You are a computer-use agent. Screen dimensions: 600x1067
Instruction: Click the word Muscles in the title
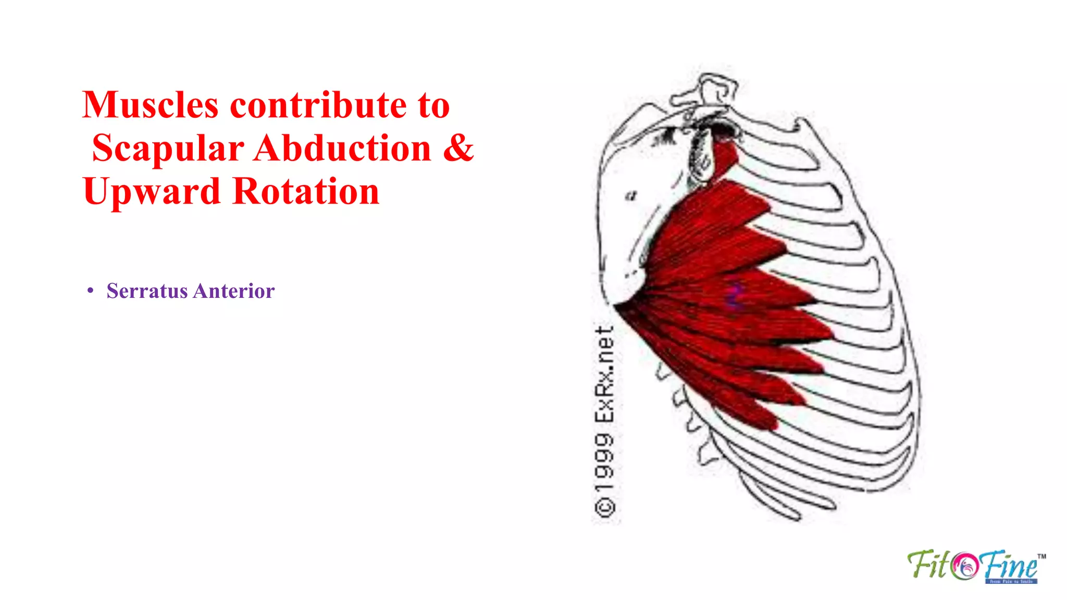150,105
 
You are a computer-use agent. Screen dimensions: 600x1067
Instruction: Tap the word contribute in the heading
318,105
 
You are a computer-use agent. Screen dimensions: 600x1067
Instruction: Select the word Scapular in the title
168,148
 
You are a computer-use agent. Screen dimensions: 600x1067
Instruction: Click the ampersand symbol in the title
458,148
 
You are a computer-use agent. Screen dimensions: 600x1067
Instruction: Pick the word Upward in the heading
152,192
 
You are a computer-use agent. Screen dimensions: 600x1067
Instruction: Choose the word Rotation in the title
306,192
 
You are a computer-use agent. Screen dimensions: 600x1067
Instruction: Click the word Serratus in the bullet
147,291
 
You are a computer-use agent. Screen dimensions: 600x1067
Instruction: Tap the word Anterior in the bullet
234,291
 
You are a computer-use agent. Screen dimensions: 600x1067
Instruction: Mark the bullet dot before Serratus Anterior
91,291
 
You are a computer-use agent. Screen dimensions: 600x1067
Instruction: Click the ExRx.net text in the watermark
605,374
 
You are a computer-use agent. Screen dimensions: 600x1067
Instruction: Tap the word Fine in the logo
1009,565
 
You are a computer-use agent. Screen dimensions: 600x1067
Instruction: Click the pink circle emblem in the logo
964,566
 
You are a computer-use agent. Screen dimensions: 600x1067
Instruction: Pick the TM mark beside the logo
1041,556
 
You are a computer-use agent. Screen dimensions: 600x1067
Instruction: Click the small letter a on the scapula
631,196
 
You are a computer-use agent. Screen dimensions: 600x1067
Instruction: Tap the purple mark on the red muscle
734,295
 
